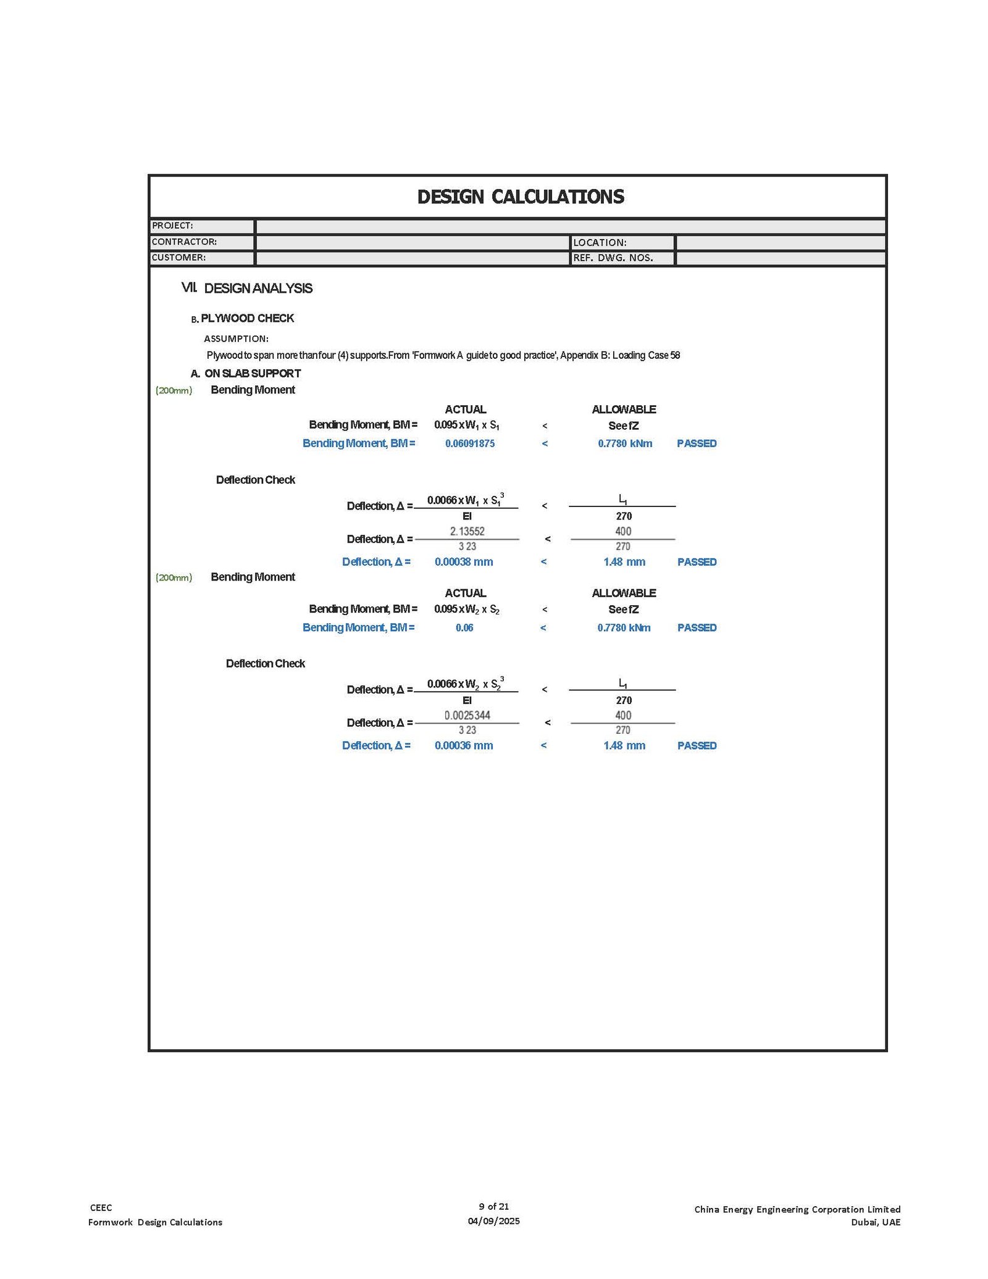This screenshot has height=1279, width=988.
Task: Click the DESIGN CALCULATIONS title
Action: tap(521, 197)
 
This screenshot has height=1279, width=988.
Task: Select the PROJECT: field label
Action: tap(173, 226)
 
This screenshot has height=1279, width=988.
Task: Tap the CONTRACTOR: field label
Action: tap(184, 242)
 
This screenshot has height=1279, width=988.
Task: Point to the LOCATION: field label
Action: tap(600, 243)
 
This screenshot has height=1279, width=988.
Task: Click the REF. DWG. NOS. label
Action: tap(613, 258)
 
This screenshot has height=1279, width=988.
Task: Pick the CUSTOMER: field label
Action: tap(178, 258)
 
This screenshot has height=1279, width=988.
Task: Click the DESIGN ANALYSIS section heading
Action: tap(258, 288)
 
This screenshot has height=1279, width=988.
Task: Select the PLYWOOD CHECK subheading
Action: tap(247, 318)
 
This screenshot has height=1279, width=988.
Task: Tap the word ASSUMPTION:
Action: tap(236, 338)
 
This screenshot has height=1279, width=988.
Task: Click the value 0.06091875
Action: tap(470, 443)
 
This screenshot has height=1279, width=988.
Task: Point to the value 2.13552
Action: tap(467, 531)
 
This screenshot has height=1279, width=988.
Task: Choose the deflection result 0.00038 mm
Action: tap(464, 562)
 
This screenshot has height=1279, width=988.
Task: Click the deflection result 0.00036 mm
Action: tap(464, 745)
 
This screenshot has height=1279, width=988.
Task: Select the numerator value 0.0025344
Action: tap(467, 715)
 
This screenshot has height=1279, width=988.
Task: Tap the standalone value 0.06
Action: tap(464, 627)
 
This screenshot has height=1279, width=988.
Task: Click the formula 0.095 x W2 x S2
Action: tap(467, 610)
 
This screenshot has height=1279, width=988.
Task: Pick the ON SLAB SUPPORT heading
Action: tap(253, 374)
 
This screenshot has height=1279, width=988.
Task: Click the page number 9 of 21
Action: tap(493, 1206)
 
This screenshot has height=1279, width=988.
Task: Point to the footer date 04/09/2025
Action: tap(493, 1221)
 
